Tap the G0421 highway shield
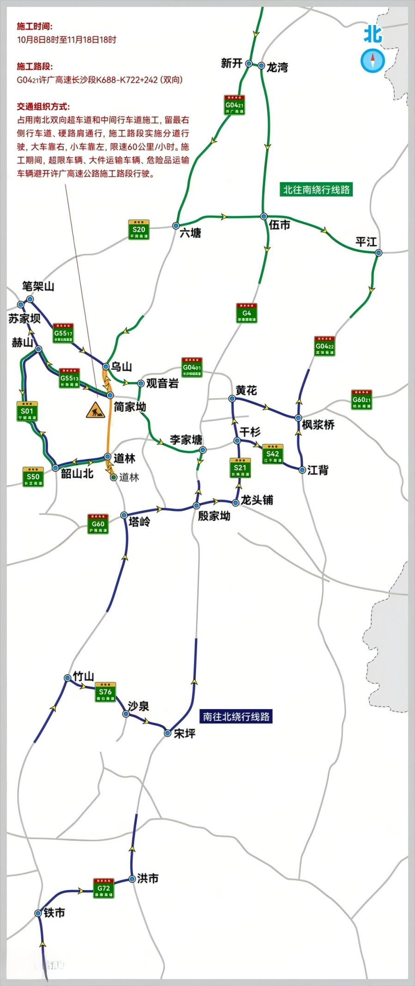(234, 105)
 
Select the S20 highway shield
(139, 230)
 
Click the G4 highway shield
(247, 313)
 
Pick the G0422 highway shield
(324, 346)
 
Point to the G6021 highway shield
(361, 400)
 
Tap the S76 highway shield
(105, 692)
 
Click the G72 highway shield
(104, 888)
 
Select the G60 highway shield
(98, 524)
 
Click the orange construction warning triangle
(96, 410)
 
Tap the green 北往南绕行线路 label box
(317, 190)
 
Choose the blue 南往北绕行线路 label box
(236, 716)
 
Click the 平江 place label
(366, 242)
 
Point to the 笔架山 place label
(38, 286)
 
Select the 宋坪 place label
(185, 733)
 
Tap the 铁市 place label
(55, 912)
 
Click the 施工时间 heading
(35, 26)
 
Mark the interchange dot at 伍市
(264, 216)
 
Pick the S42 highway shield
(273, 454)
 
